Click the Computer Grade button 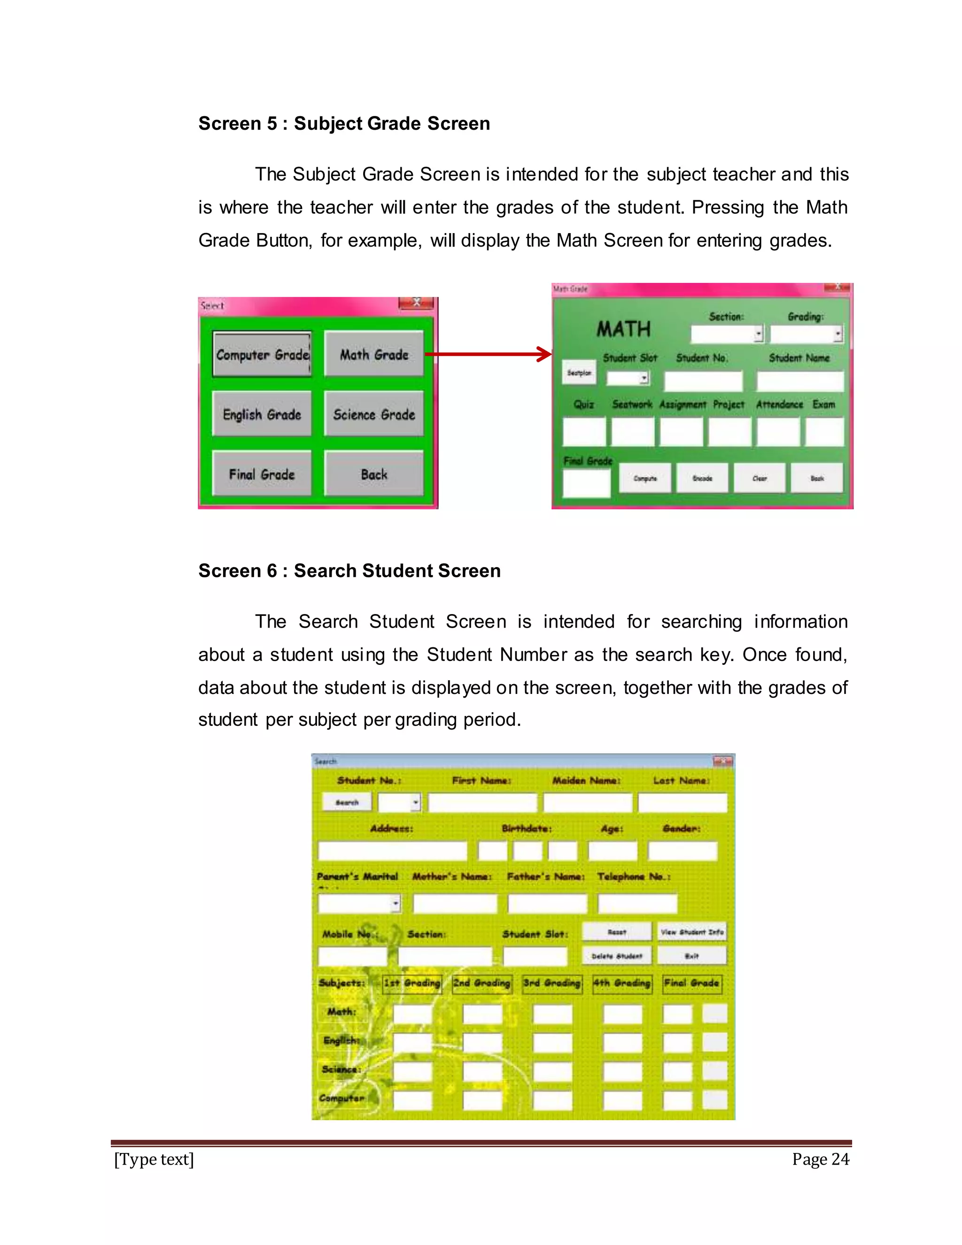pyautogui.click(x=262, y=355)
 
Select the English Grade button pyautogui.click(x=262, y=414)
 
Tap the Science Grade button pyautogui.click(x=374, y=414)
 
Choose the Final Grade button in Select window pyautogui.click(x=262, y=475)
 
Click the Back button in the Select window pyautogui.click(x=374, y=475)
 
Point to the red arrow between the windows pyautogui.click(x=489, y=355)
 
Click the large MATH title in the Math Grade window pyautogui.click(x=623, y=329)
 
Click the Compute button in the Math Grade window pyautogui.click(x=645, y=478)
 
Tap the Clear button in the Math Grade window pyautogui.click(x=760, y=478)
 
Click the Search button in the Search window pyautogui.click(x=347, y=802)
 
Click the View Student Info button pyautogui.click(x=692, y=932)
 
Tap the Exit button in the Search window pyautogui.click(x=692, y=956)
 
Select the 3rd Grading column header pyautogui.click(x=551, y=983)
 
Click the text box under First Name pyautogui.click(x=482, y=802)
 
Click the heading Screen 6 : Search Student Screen pyautogui.click(x=349, y=571)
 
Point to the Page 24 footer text pyautogui.click(x=820, y=1159)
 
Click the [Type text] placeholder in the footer pyautogui.click(x=154, y=1159)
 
